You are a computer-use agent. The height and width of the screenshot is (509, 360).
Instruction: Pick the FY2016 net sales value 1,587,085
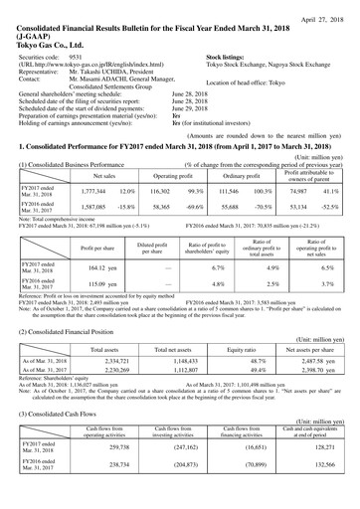pos(93,208)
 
